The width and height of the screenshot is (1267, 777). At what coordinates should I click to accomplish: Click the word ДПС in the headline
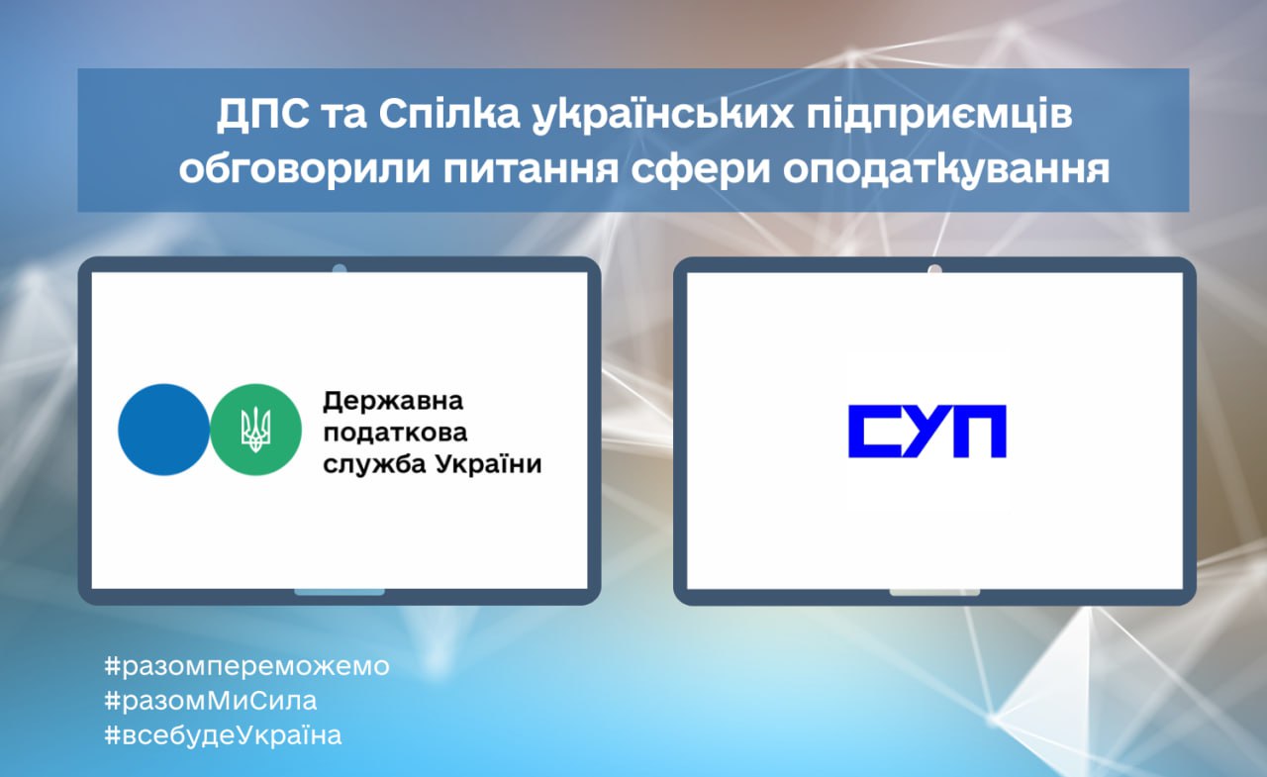(x=263, y=115)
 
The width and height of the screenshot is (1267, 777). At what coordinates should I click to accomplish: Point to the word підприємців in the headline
(x=939, y=116)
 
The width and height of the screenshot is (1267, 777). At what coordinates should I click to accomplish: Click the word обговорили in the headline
(x=305, y=168)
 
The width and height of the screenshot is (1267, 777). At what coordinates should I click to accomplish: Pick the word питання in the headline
(x=532, y=169)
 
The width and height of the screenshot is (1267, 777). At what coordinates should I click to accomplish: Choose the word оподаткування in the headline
(x=946, y=170)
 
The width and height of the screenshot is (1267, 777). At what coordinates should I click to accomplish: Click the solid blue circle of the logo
(x=163, y=430)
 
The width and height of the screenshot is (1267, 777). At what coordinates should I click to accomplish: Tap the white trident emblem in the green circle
(x=255, y=430)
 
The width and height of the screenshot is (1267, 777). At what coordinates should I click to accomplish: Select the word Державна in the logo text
(x=393, y=402)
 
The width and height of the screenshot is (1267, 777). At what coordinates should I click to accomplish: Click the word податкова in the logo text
(x=395, y=434)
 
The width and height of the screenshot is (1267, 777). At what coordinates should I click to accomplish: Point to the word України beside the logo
(x=488, y=465)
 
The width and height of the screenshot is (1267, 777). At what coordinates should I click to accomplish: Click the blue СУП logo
(x=927, y=431)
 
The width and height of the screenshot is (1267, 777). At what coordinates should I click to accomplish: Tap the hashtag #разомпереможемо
(x=247, y=667)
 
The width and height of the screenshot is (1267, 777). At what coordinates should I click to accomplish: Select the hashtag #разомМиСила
(x=211, y=701)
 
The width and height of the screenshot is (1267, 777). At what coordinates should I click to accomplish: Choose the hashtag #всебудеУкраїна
(x=224, y=735)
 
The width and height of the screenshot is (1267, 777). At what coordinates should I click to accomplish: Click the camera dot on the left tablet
(x=340, y=268)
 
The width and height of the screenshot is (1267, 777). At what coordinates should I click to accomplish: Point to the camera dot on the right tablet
(x=934, y=268)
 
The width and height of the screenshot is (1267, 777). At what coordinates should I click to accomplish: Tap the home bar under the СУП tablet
(x=934, y=592)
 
